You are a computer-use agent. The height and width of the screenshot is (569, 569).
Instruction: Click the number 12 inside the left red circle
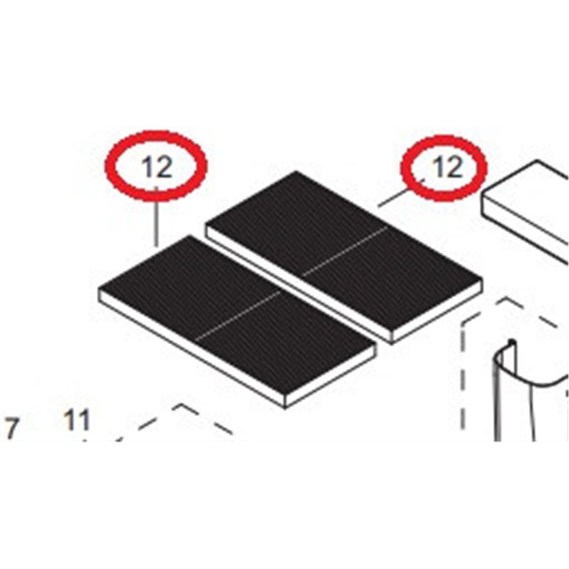(x=156, y=168)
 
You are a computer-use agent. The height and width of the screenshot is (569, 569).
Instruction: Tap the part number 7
(x=12, y=429)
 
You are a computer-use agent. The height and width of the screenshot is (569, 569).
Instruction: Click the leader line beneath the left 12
(x=156, y=217)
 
